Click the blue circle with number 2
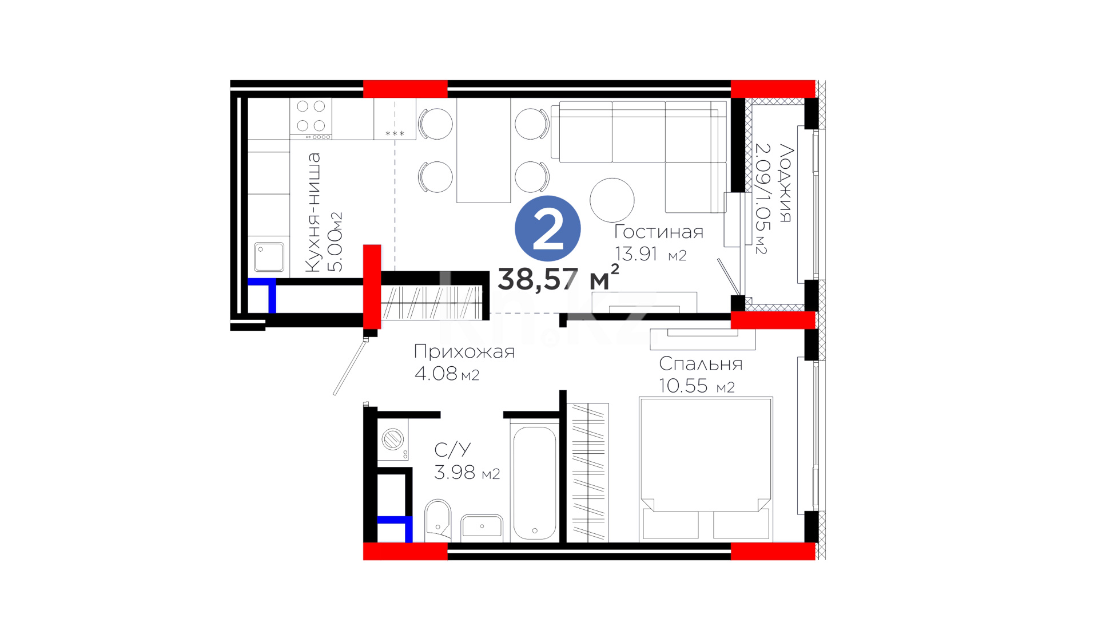pos(547,228)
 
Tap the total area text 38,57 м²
pos(558,278)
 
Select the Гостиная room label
pos(658,232)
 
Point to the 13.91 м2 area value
pos(650,253)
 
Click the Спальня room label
pos(701,364)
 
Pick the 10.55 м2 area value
pos(697,386)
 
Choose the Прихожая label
pos(464,351)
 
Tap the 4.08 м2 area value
pos(447,374)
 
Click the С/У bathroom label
pos(452,450)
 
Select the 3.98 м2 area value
pos(467,472)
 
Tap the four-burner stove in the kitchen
pos(311,119)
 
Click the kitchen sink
pos(269,257)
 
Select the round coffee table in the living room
pos(612,200)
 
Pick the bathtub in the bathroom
pos(535,483)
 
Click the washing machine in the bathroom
pos(393,440)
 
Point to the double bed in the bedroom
pos(706,468)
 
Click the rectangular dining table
pos(483,150)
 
